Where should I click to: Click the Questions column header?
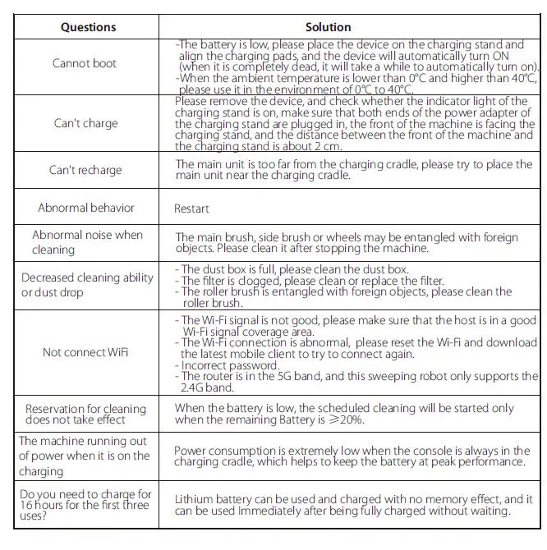pyautogui.click(x=88, y=26)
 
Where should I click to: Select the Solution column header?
pyautogui.click(x=328, y=26)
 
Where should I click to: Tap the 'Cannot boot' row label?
pyautogui.click(x=85, y=63)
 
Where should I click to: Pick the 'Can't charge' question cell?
pyautogui.click(x=85, y=123)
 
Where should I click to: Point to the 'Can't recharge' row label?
pyautogui.click(x=85, y=170)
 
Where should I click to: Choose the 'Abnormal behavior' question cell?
pyautogui.click(x=86, y=208)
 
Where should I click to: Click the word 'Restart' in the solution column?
pyautogui.click(x=191, y=209)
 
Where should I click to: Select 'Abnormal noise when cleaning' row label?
pyautogui.click(x=87, y=242)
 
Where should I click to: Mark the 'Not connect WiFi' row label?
pyautogui.click(x=85, y=352)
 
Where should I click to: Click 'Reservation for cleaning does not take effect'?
pyautogui.click(x=85, y=414)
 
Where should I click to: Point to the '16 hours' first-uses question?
pyautogui.click(x=85, y=505)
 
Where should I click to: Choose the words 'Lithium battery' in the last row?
pyautogui.click(x=211, y=499)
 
